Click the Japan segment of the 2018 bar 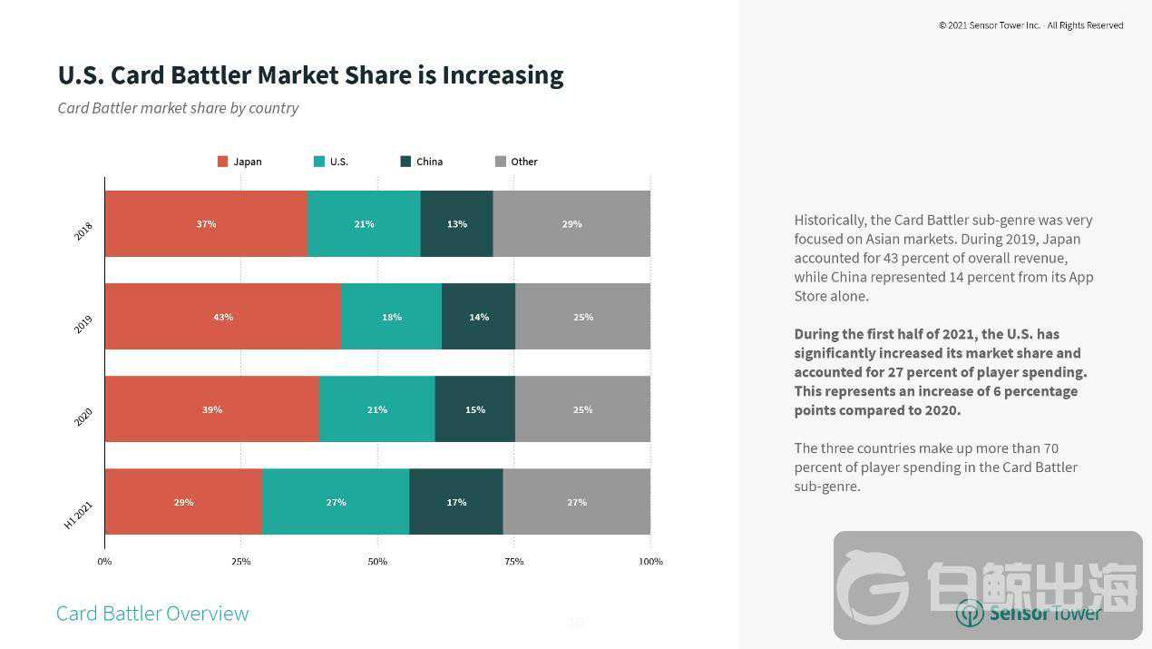pos(206,224)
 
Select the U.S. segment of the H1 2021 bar pos(336,502)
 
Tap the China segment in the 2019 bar pos(478,317)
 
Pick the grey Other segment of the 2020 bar pos(582,409)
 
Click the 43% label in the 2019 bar pos(223,318)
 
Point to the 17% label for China pos(456,502)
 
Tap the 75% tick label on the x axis pos(513,561)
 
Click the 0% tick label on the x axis pos(104,561)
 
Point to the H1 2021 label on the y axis pos(78,515)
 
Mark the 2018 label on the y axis pos(83,231)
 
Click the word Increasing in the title pos(503,74)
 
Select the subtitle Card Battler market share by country pos(178,108)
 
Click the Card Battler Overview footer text pos(152,614)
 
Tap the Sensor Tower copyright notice pos(1030,25)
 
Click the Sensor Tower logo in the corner pos(1029,613)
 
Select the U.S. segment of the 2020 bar pos(376,409)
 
